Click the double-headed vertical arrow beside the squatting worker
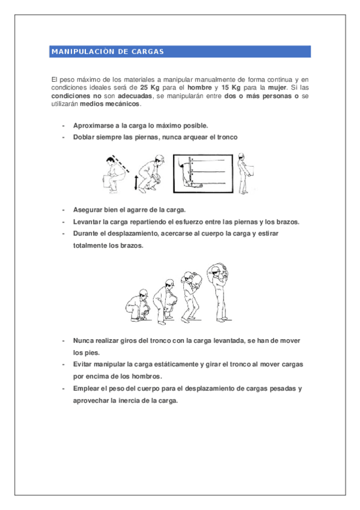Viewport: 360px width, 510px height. coord(136,182)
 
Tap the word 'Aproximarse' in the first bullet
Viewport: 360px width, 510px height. coord(91,126)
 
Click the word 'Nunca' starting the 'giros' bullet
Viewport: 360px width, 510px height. coord(83,341)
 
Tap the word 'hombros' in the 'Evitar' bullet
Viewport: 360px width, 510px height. coord(147,376)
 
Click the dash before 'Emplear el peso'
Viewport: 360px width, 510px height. coord(64,389)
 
